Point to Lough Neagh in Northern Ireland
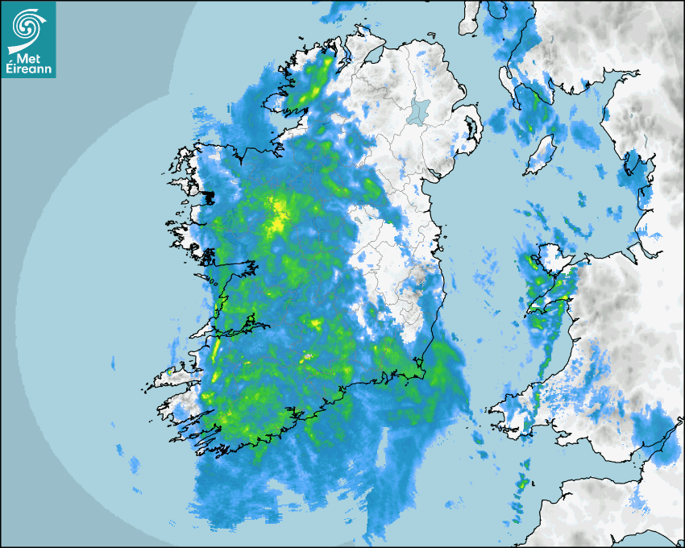(418, 111)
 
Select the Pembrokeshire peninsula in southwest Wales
(516, 407)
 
